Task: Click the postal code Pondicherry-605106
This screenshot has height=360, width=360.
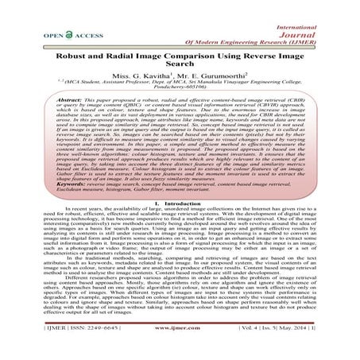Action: [180, 99]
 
